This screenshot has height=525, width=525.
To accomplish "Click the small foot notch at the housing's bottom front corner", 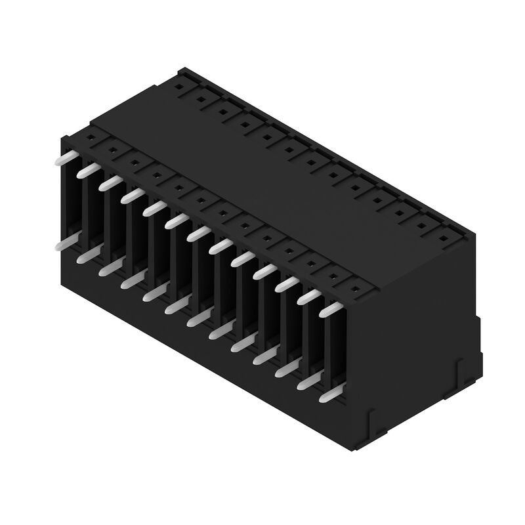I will [372, 420].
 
